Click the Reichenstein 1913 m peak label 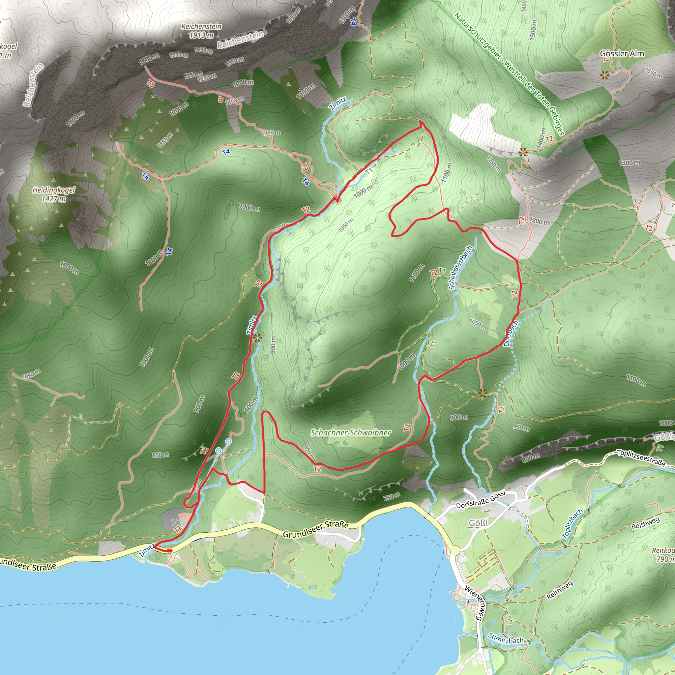[x=202, y=31]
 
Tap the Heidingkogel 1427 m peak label [x=54, y=194]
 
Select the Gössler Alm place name [x=622, y=53]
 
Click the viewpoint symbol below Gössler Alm [x=604, y=74]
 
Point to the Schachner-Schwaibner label [x=351, y=432]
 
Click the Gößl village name [x=478, y=523]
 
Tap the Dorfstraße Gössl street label [x=481, y=500]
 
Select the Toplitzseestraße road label [x=641, y=458]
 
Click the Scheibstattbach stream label [x=460, y=268]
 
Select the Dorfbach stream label [x=511, y=333]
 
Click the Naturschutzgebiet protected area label [x=509, y=73]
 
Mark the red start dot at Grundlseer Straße [x=169, y=551]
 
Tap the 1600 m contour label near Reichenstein [x=149, y=58]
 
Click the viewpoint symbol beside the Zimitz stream [x=257, y=337]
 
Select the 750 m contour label [x=391, y=497]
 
